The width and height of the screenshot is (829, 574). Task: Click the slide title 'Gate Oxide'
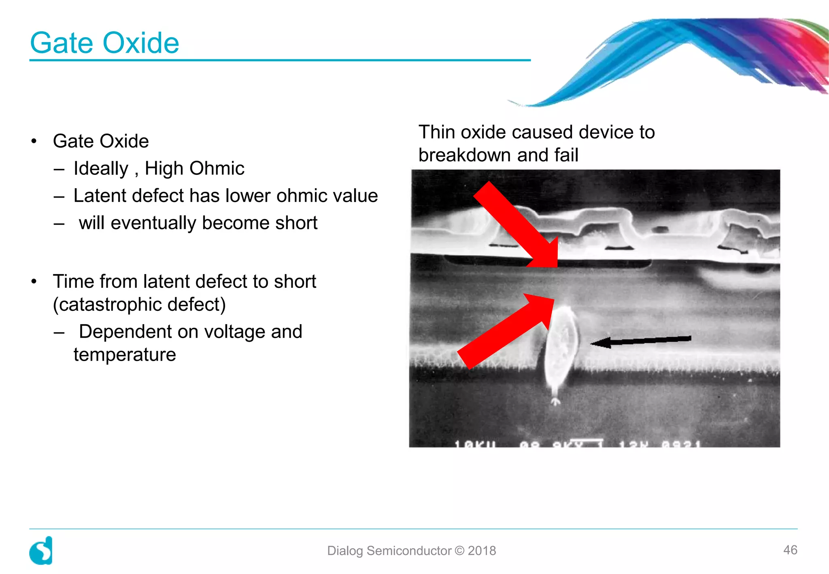coord(104,43)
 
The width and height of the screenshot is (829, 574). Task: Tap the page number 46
coord(790,550)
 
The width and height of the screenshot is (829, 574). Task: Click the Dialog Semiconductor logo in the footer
coord(41,551)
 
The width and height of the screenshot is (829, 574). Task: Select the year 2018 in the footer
coord(482,551)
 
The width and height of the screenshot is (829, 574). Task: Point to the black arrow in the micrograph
coord(640,341)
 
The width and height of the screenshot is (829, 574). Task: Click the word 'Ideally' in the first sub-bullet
coord(101,168)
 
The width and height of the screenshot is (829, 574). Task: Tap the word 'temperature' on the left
coord(125,355)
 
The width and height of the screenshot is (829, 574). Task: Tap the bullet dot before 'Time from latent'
coord(34,281)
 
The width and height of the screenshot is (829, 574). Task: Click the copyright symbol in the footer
coord(459,551)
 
